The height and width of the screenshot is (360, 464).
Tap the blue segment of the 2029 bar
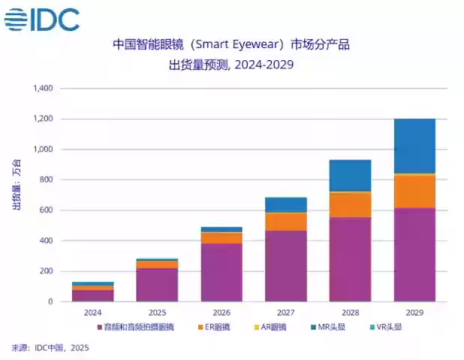click(414, 146)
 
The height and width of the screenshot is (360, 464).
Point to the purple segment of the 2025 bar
click(156, 285)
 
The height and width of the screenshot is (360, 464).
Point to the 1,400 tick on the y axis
click(44, 89)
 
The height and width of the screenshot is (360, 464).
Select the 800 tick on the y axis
click(47, 180)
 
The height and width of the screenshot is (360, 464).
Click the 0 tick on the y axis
click(51, 302)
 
